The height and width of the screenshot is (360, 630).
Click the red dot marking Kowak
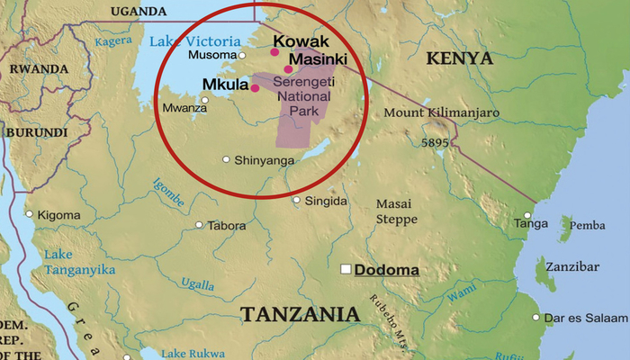tap(274, 52)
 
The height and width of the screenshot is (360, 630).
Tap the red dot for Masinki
tap(288, 69)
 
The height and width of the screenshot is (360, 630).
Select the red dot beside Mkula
tap(255, 88)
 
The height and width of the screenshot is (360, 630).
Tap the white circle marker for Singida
tap(297, 201)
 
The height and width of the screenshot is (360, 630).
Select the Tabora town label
tap(226, 226)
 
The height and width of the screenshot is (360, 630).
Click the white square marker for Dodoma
tap(346, 269)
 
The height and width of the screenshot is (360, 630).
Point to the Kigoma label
tap(58, 215)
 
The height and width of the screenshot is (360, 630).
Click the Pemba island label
tap(589, 225)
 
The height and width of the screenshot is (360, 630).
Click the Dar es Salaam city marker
tap(536, 317)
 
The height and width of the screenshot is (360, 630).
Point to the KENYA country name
tap(459, 58)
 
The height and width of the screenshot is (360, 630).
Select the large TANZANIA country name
tap(300, 314)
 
